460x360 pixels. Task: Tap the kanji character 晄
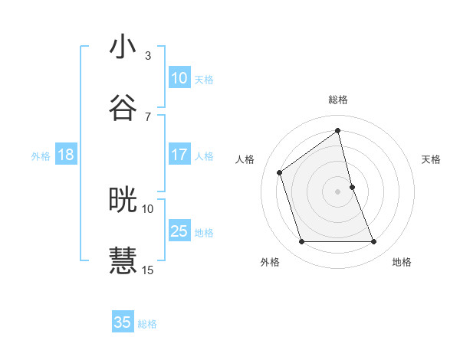[123, 200]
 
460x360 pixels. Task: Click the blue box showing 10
[179, 78]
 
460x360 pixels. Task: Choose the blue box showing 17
[179, 155]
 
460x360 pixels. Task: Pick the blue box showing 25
[179, 231]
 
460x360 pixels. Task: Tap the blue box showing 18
[66, 155]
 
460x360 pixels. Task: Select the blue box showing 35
[123, 322]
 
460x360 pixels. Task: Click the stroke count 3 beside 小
[148, 55]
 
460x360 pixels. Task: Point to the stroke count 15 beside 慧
[148, 270]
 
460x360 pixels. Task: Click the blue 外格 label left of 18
[41, 156]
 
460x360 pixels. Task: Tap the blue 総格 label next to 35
[147, 324]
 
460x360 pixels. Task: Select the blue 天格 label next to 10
[204, 80]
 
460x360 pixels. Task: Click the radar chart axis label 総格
[338, 100]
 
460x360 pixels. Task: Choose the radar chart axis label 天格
[432, 159]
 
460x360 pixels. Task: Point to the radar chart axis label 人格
[245, 159]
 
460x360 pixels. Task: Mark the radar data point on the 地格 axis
[374, 242]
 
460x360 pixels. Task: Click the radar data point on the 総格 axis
[338, 130]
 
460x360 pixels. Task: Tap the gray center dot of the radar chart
[338, 191]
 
